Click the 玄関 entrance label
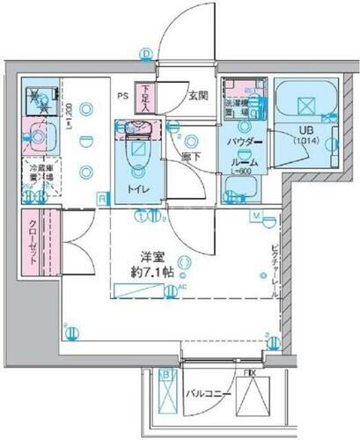pyautogui.click(x=197, y=96)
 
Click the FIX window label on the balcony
pyautogui.click(x=251, y=373)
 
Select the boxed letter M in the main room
pyautogui.click(x=255, y=216)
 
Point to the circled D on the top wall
pyautogui.click(x=145, y=55)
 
